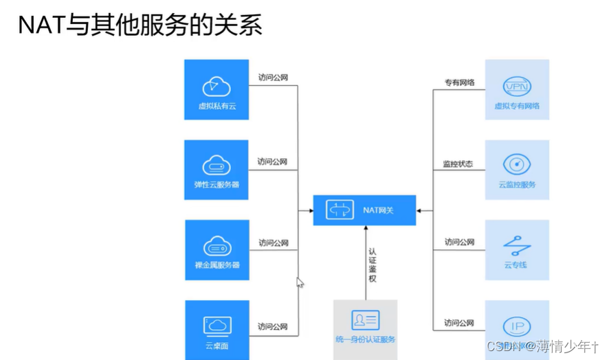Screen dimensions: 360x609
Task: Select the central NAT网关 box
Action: tap(364, 210)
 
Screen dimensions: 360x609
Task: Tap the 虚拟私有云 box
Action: tap(217, 90)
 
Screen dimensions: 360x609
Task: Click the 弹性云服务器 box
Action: tap(217, 170)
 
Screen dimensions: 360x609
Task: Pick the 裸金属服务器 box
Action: tap(217, 250)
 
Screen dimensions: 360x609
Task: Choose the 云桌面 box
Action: tap(217, 330)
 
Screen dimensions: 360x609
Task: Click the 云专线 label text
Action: tap(517, 265)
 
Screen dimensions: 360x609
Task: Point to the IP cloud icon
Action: tap(517, 326)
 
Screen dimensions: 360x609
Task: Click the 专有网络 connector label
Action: tap(459, 83)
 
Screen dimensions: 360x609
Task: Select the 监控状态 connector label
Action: tap(457, 164)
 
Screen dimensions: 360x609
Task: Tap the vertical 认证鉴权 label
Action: tap(372, 265)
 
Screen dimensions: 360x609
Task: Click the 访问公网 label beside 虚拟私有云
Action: tap(273, 78)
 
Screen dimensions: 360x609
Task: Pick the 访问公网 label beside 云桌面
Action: tap(273, 326)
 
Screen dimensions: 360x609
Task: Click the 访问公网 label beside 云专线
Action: tap(459, 242)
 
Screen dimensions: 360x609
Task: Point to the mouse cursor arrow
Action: tap(299, 282)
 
